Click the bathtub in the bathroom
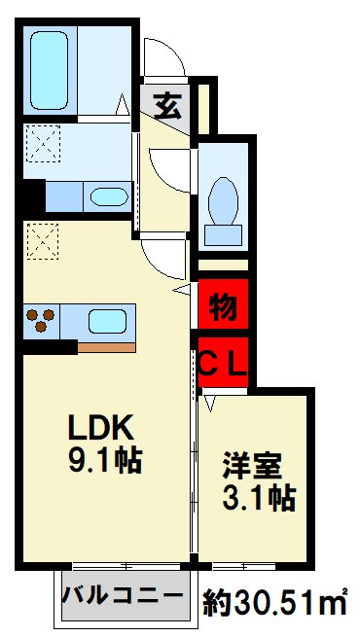[x=49, y=71]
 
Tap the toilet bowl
[x=223, y=201]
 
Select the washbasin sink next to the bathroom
[x=109, y=197]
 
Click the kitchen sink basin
[x=107, y=322]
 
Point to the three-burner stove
[x=41, y=321]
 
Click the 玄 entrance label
[x=167, y=105]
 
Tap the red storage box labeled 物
[x=223, y=305]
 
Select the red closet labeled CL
[x=223, y=362]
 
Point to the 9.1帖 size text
[x=105, y=461]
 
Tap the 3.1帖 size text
[x=259, y=497]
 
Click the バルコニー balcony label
[x=123, y=596]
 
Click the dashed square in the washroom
[x=43, y=143]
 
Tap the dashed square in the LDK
[x=43, y=241]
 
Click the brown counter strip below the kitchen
[x=106, y=347]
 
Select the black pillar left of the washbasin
[x=34, y=196]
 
